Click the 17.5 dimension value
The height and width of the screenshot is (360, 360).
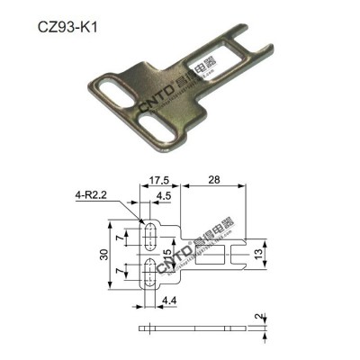click(162, 180)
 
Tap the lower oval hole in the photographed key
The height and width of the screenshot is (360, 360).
click(148, 117)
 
